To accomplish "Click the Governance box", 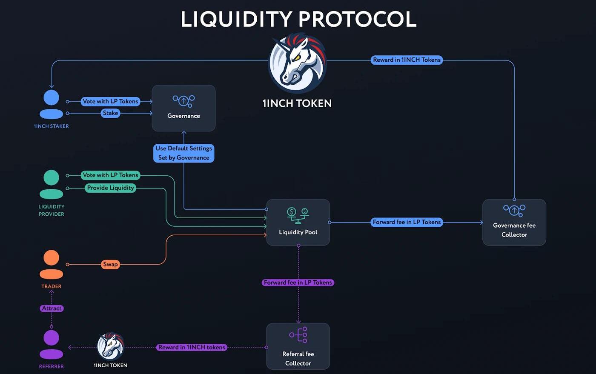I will [183, 108].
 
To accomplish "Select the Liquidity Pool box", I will [298, 222].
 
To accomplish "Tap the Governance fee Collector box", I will [514, 222].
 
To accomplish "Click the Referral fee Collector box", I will [298, 346].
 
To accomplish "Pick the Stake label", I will [110, 113].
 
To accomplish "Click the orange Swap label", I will [110, 264].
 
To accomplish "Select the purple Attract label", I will [52, 308].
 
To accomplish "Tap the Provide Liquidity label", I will [110, 188].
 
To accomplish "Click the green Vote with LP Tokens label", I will [110, 175].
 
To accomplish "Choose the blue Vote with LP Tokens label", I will [110, 101].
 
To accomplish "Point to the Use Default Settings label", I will [184, 153].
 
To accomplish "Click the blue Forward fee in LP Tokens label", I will [407, 222].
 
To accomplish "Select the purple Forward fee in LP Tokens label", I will [298, 283].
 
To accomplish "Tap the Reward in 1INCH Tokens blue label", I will [407, 60].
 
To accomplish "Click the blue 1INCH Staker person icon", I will [52, 104].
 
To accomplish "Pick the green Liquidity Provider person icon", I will [52, 184].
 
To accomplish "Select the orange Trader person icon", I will [52, 264].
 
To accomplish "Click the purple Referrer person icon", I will [52, 345].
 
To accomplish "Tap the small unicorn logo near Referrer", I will [110, 346].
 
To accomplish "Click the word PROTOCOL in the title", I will [357, 20].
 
